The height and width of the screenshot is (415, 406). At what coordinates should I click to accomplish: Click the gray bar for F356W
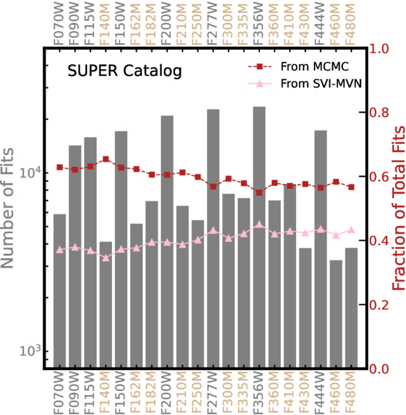(259, 237)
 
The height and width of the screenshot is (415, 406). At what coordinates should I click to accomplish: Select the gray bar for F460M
(336, 313)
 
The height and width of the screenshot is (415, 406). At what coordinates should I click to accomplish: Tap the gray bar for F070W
(59, 291)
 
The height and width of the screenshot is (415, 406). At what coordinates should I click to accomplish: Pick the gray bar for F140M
(106, 304)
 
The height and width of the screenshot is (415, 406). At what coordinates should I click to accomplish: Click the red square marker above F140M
(106, 159)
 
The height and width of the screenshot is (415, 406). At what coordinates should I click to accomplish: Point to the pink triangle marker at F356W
(259, 225)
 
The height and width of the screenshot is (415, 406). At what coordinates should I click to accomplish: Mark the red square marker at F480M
(351, 187)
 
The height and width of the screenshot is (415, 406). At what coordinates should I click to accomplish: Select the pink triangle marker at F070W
(59, 250)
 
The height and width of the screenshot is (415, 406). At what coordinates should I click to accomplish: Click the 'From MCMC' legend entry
(298, 66)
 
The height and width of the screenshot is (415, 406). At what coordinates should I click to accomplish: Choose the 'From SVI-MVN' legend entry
(304, 84)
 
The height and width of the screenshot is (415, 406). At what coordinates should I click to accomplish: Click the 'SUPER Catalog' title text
(124, 71)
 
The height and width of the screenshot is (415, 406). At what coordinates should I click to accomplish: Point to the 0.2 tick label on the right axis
(379, 305)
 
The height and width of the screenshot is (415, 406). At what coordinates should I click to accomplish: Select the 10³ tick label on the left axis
(30, 351)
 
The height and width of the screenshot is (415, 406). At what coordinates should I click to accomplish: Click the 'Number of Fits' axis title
(7, 208)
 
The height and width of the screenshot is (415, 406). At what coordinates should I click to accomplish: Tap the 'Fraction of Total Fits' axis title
(398, 208)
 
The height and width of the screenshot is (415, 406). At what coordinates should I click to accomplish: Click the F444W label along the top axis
(320, 24)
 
